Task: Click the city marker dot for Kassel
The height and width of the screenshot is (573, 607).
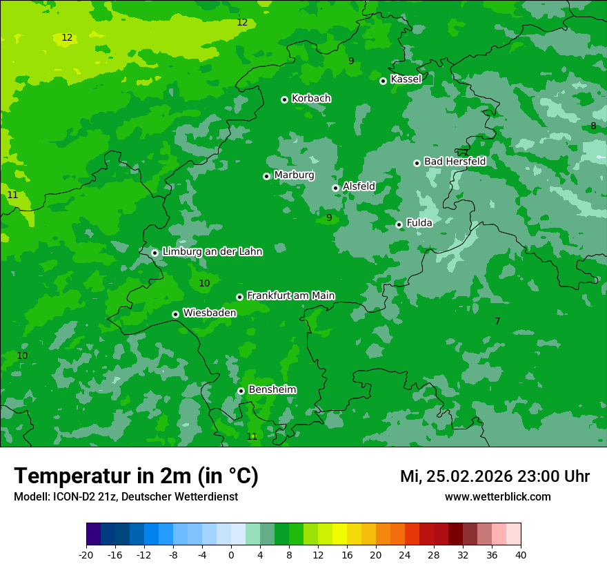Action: (383, 81)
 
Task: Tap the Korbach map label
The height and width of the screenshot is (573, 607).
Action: (311, 98)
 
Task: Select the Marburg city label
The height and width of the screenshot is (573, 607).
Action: (294, 175)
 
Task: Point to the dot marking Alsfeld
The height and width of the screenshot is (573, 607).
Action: (335, 188)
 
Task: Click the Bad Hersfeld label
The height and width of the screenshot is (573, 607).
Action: (455, 162)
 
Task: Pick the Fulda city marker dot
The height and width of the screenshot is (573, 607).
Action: (399, 224)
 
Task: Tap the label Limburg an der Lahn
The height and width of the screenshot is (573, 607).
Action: (212, 251)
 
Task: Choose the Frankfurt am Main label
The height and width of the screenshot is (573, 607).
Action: (290, 295)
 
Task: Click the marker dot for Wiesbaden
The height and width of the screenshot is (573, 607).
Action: (175, 314)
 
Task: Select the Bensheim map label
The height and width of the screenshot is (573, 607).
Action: (272, 389)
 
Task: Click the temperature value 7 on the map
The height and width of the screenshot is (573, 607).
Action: (497, 321)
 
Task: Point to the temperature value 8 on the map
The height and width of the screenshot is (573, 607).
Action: (593, 126)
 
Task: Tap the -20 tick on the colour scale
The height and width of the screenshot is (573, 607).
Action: (86, 554)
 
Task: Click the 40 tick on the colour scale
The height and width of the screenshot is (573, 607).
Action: (521, 554)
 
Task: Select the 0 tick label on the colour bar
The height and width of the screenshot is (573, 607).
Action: (231, 554)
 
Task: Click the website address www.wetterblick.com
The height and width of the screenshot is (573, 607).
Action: (497, 496)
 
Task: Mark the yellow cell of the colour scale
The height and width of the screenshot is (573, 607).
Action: (339, 534)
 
